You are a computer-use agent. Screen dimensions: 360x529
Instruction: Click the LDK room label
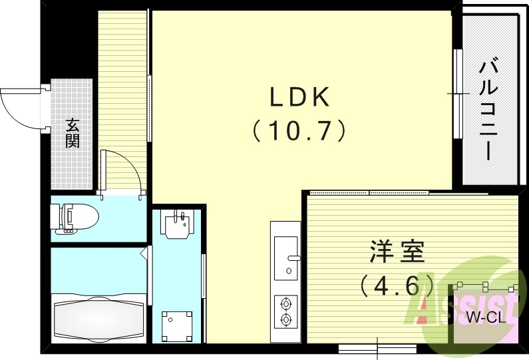tap(299, 98)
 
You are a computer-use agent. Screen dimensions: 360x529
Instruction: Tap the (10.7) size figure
tap(299, 130)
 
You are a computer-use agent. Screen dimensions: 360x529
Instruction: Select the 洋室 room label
tap(397, 254)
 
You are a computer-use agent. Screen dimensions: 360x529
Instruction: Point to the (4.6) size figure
tap(397, 286)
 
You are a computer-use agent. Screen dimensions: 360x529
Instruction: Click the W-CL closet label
tap(484, 317)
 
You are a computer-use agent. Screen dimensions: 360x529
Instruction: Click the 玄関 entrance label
tap(72, 132)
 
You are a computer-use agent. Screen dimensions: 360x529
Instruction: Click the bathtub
tap(98, 318)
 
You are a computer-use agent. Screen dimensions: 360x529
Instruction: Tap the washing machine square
tap(177, 325)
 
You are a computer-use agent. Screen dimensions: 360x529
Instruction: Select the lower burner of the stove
tap(287, 320)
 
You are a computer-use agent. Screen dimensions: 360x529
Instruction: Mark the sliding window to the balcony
tap(457, 92)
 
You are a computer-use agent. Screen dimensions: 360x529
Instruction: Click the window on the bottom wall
tap(377, 347)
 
